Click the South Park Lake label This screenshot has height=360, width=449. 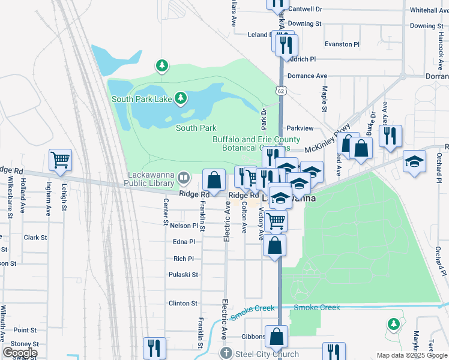141,98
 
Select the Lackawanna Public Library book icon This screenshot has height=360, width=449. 184,178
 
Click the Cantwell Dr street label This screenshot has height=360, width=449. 305,10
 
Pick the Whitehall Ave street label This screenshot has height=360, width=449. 428,10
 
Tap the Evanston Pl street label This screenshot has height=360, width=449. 342,44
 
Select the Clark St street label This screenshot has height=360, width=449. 35,238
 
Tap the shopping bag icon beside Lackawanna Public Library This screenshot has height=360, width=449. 214,179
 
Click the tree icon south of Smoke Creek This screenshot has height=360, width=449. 394,324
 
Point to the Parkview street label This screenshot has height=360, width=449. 300,128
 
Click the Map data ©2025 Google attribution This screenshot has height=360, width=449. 411,355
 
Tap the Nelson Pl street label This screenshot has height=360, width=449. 184,226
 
